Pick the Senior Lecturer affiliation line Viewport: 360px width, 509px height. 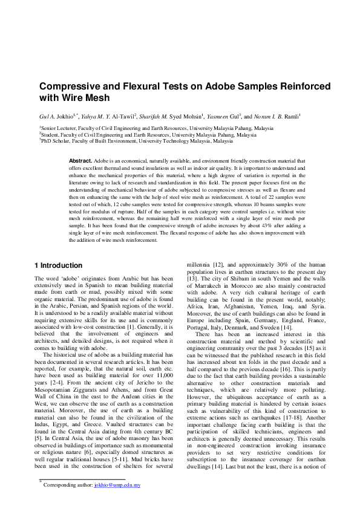coord(156,129)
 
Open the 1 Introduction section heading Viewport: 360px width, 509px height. coord(59,265)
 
